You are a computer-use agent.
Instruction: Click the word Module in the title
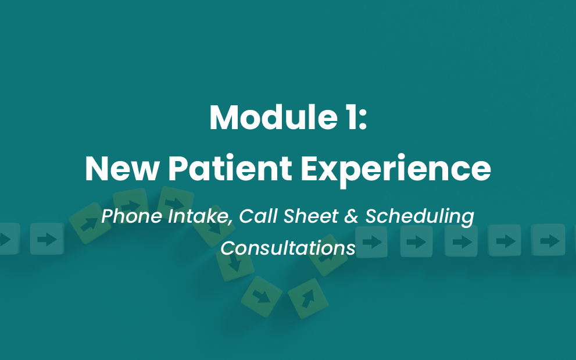click(273, 117)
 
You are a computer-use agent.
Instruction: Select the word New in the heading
click(122, 169)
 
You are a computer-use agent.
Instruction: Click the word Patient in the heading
click(230, 169)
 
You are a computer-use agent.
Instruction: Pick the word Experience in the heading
click(396, 170)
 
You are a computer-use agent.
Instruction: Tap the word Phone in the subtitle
click(131, 216)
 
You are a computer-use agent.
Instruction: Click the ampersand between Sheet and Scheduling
click(352, 216)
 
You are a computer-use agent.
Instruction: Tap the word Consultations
click(288, 248)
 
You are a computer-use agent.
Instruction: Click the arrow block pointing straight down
click(235, 263)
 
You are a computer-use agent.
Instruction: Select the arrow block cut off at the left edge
click(9, 239)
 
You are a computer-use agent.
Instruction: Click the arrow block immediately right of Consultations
click(371, 242)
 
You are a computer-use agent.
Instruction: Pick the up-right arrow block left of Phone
click(90, 223)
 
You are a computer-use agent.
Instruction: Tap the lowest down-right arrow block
click(261, 297)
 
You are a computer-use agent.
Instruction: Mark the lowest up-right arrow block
click(308, 298)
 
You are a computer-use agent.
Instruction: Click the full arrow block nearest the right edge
click(548, 241)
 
